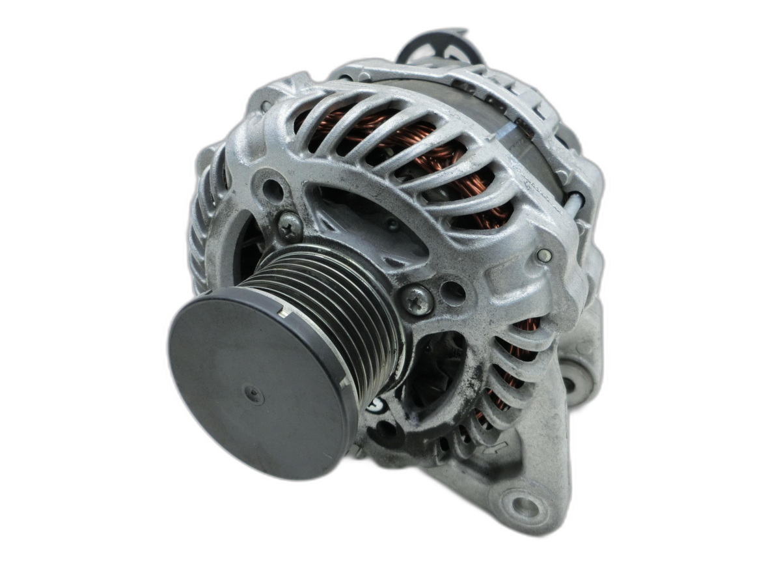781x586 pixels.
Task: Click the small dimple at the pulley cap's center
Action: pyautogui.click(x=253, y=394)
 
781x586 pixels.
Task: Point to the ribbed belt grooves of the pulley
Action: pyautogui.click(x=338, y=293)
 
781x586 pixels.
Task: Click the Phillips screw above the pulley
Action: pyautogui.click(x=290, y=226)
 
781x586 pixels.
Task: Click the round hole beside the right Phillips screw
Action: pyautogui.click(x=453, y=292)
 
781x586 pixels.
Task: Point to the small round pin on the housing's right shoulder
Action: pyautogui.click(x=544, y=256)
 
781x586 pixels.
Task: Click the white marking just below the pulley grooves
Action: pyautogui.click(x=376, y=405)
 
